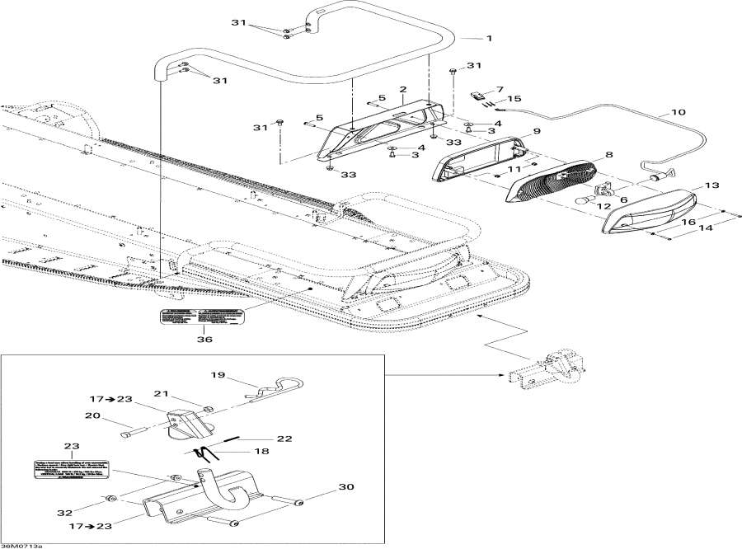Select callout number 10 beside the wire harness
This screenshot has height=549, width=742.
click(x=678, y=112)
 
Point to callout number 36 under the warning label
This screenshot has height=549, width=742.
click(x=204, y=339)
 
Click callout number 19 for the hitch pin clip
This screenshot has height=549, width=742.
click(x=218, y=375)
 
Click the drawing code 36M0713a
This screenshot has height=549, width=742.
click(x=22, y=545)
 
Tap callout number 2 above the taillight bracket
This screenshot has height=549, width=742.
click(x=403, y=89)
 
